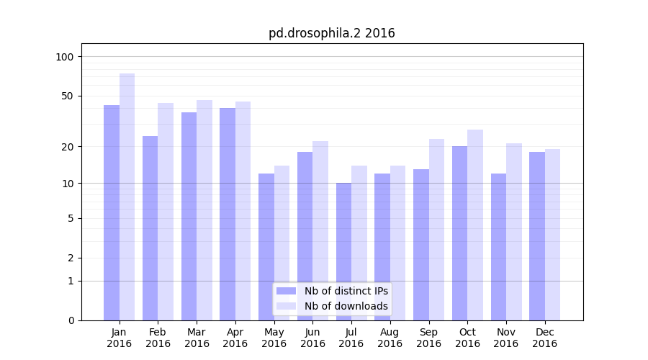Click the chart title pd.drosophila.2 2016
point(331,33)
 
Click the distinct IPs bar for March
point(189,216)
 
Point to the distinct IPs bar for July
point(343,251)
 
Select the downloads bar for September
point(436,230)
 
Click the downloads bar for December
point(552,235)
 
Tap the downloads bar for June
point(320,230)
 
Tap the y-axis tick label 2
point(71,258)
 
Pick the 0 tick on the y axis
point(71,320)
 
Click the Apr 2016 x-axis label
point(235,338)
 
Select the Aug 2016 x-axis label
point(390,338)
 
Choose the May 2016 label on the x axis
point(274,338)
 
